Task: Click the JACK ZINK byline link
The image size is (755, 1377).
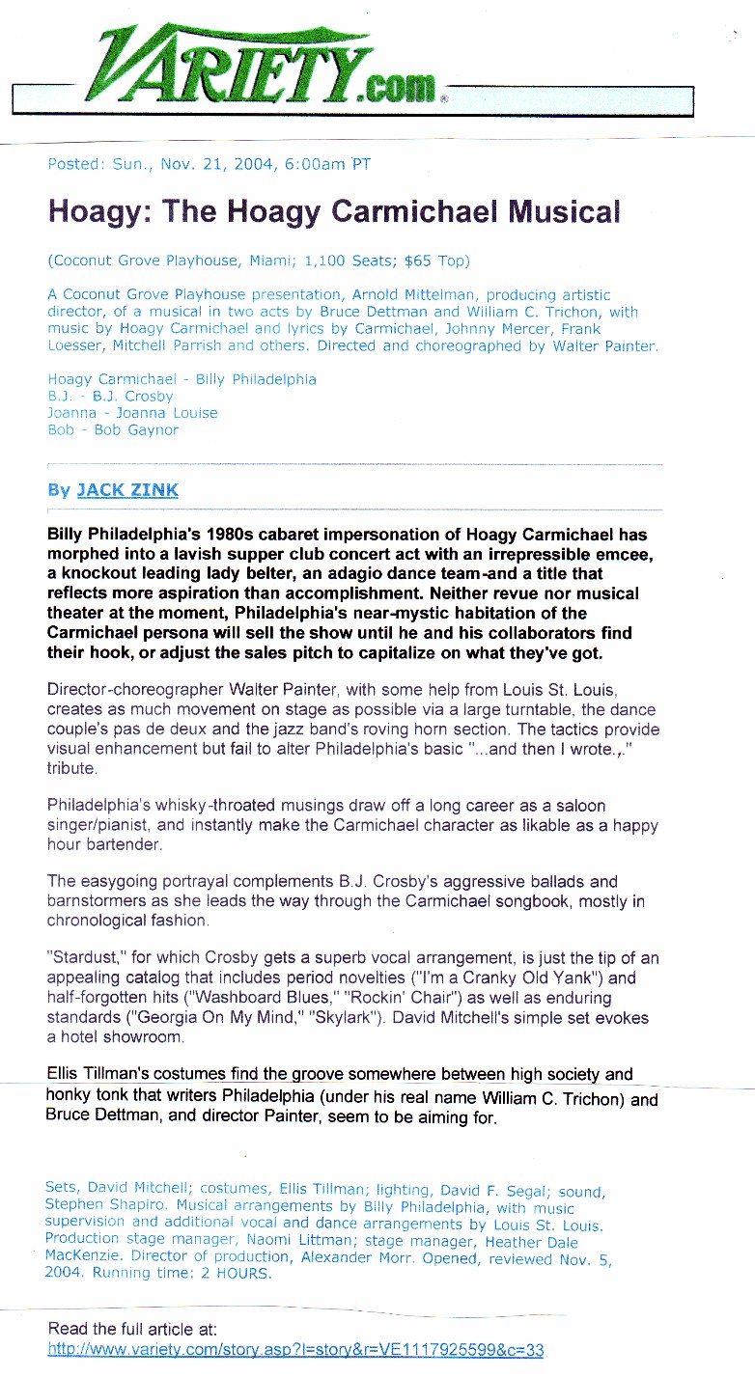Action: [127, 490]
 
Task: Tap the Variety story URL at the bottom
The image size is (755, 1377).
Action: [295, 1350]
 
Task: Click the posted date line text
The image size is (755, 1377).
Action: [209, 164]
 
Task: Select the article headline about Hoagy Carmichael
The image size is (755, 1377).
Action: [333, 211]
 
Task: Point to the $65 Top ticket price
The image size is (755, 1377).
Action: [426, 261]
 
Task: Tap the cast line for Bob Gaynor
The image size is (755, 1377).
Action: [113, 430]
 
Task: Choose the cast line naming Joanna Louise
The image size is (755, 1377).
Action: [132, 413]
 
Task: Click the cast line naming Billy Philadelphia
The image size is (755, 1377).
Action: [182, 379]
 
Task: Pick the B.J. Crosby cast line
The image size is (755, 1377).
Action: [110, 396]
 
